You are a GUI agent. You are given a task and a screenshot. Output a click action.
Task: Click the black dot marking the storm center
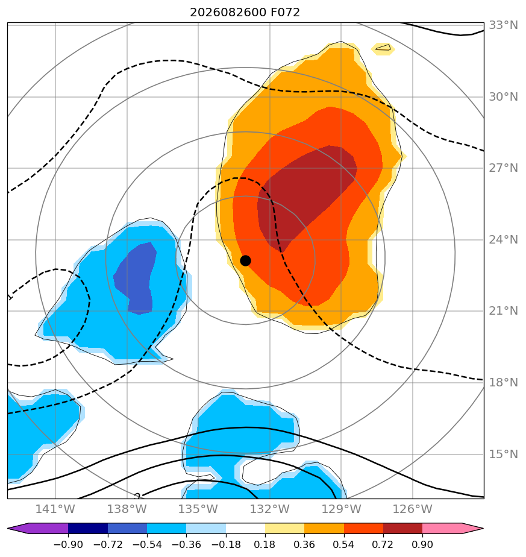tap(245, 261)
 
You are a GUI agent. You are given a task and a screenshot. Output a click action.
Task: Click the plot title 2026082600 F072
tap(245, 13)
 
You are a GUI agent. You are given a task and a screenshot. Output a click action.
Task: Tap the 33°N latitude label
tap(503, 25)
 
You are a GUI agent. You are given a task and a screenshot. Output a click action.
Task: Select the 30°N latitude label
tap(503, 96)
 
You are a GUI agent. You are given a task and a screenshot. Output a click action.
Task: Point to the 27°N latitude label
tap(503, 168)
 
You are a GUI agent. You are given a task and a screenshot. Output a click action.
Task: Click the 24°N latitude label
tap(503, 240)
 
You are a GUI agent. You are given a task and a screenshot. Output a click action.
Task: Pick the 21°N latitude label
tap(503, 311)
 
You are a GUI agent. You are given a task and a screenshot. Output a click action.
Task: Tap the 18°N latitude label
tap(503, 383)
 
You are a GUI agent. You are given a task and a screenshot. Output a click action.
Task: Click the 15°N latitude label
tap(503, 455)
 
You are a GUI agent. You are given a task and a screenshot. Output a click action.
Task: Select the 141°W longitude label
tap(55, 509)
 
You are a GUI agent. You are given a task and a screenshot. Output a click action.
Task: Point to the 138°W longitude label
tap(127, 509)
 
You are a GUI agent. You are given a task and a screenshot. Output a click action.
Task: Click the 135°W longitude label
tap(198, 509)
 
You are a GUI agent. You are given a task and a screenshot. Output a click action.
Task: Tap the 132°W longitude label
tap(270, 509)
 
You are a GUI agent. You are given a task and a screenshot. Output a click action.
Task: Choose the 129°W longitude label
tap(341, 509)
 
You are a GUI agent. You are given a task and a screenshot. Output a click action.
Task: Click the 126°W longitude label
tap(413, 509)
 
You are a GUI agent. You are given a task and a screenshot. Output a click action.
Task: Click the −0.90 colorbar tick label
tap(68, 544)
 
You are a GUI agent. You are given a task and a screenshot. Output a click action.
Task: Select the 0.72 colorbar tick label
tap(383, 544)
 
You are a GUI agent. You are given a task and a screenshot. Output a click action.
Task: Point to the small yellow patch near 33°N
tap(383, 49)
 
